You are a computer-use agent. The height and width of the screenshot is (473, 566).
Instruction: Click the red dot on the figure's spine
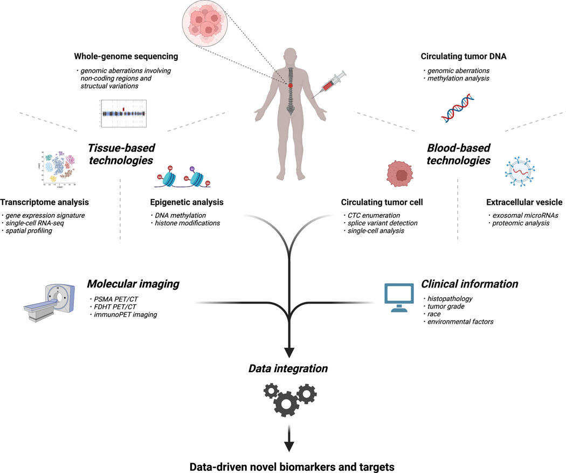click(290, 85)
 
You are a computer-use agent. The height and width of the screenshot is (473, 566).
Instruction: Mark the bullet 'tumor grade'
click(447, 306)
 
